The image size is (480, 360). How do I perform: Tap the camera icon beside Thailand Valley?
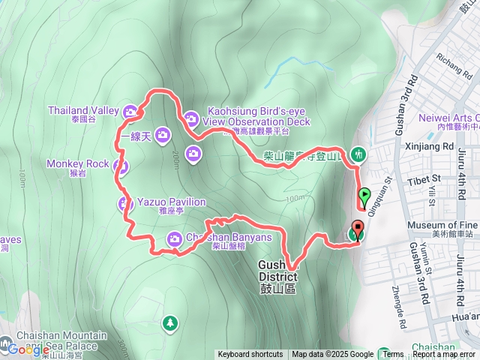point(131,112)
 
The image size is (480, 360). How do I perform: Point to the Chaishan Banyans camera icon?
point(174,238)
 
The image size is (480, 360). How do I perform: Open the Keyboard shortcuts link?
point(250,355)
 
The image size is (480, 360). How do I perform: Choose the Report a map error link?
point(445,355)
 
